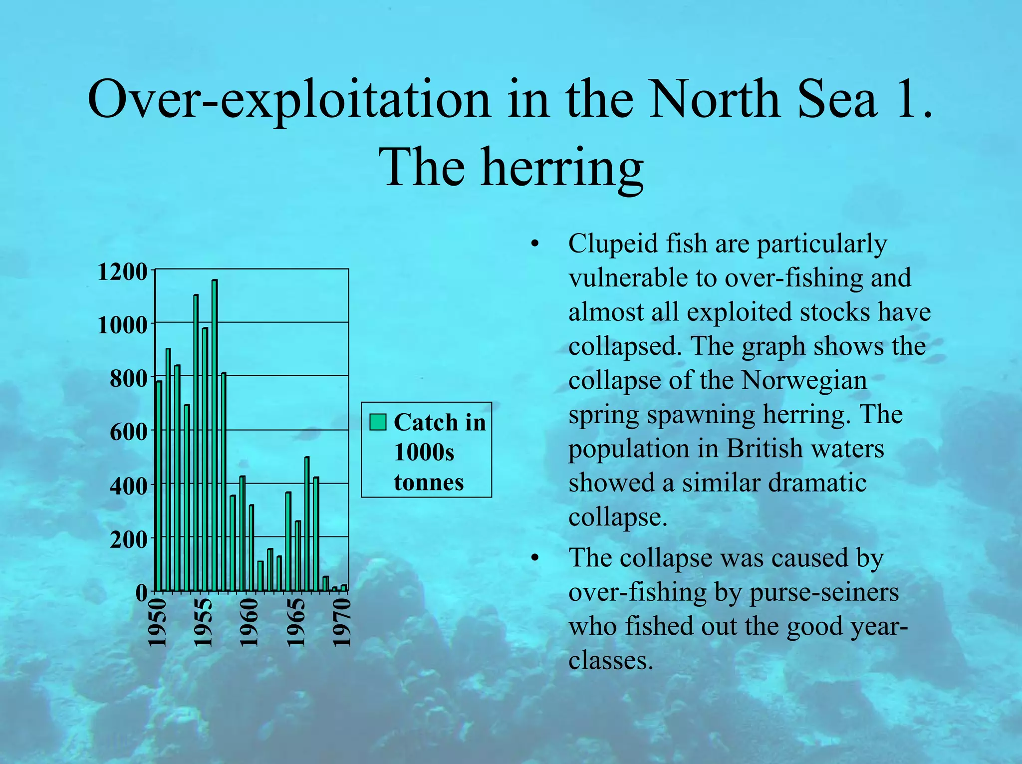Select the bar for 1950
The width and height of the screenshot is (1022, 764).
[x=159, y=487]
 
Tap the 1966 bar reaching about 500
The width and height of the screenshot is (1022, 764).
[x=307, y=524]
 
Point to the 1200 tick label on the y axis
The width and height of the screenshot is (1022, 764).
[x=123, y=272]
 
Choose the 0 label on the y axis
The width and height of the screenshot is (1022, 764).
[x=142, y=593]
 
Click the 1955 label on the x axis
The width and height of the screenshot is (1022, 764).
[x=203, y=623]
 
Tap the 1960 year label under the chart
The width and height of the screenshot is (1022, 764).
[x=249, y=623]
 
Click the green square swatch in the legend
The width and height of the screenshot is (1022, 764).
[x=378, y=422]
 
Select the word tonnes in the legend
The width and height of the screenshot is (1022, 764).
[x=429, y=483]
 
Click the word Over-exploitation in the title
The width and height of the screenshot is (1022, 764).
[x=289, y=99]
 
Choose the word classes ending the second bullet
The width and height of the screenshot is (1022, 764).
[x=611, y=661]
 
